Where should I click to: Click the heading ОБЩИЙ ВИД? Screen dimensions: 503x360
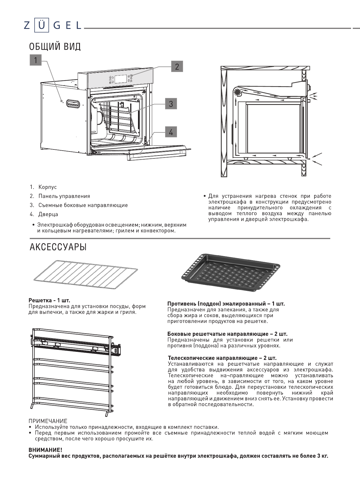click(x=55, y=47)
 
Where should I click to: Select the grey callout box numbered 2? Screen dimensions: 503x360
click(x=177, y=67)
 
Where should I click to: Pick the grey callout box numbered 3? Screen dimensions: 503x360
click(x=171, y=104)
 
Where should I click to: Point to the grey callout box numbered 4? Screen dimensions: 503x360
click(x=171, y=132)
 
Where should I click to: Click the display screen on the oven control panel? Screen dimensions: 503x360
click(x=121, y=79)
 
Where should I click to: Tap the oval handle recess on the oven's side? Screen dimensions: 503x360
click(x=73, y=103)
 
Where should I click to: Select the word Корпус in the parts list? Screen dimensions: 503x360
click(x=47, y=187)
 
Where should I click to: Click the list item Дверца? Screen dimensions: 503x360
click(x=48, y=214)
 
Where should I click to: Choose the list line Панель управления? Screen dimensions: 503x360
click(x=64, y=196)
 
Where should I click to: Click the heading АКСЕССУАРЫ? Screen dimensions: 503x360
click(x=58, y=247)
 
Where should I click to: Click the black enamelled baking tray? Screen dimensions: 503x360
click(x=230, y=272)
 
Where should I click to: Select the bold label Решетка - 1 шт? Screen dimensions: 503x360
click(x=49, y=301)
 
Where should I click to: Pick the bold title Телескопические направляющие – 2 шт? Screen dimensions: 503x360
click(x=222, y=358)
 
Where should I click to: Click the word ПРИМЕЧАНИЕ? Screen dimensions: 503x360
click(x=48, y=421)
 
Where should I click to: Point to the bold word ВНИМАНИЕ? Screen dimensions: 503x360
click(x=45, y=450)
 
